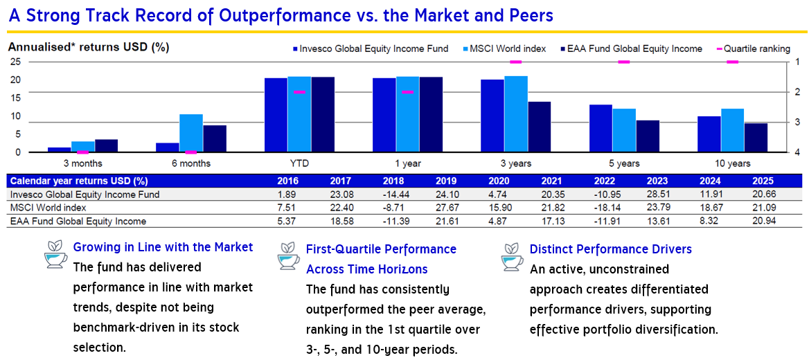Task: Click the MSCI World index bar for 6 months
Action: (191, 133)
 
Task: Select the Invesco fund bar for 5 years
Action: (601, 128)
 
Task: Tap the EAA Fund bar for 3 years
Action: (539, 127)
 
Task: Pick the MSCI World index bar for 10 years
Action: (732, 130)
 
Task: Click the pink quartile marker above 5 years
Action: (623, 62)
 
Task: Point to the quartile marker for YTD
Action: (299, 92)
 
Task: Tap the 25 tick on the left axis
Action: (15, 62)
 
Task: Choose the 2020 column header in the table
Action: (494, 181)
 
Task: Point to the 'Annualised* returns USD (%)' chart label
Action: (89, 48)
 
